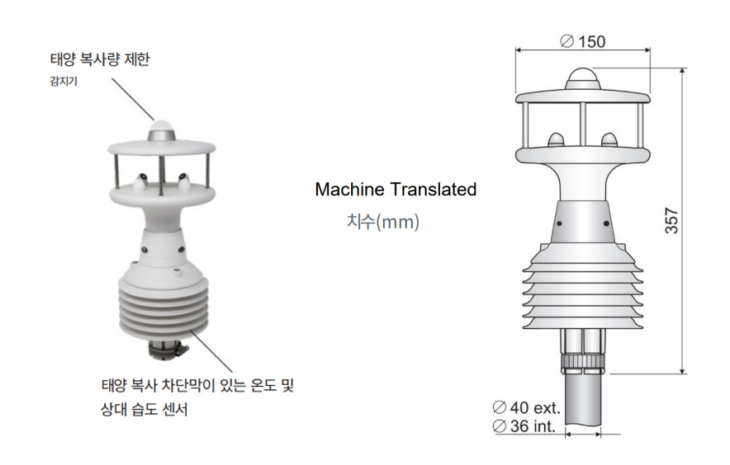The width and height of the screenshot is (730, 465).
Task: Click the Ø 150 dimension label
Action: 582,41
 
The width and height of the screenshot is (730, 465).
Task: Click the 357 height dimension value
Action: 671,220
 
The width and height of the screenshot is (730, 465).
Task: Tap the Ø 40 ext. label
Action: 526,408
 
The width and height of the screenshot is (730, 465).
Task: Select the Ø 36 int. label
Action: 524,426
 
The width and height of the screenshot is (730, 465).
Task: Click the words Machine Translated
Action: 396,190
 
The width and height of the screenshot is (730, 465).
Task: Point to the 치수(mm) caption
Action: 382,222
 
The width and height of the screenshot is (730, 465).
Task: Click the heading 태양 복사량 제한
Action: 100,59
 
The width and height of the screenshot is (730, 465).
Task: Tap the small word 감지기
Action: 64,82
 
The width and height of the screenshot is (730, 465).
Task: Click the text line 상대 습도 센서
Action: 145,410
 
